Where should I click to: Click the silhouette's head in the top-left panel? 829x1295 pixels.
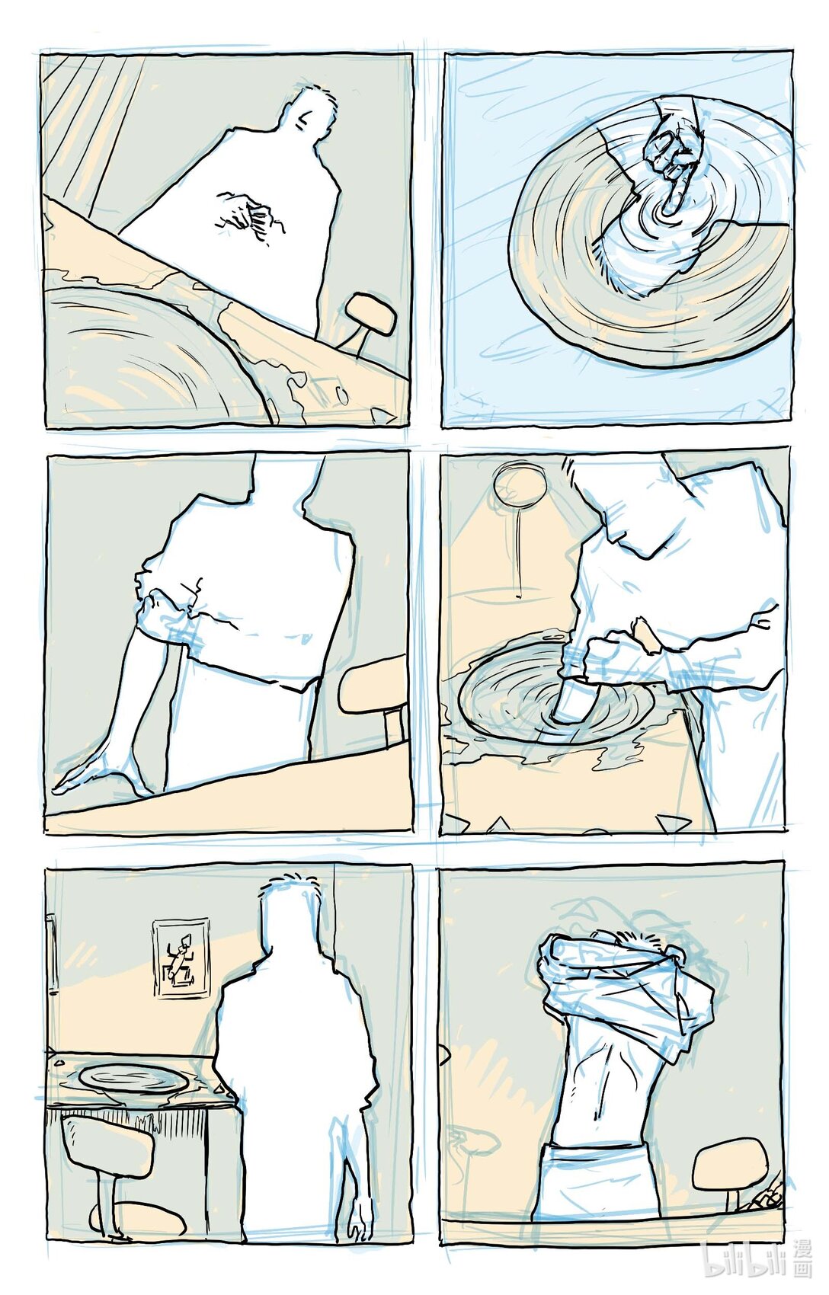click(x=309, y=114)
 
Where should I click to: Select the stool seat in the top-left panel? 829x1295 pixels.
click(x=370, y=314)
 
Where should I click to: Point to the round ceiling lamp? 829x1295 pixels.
click(x=520, y=485)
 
